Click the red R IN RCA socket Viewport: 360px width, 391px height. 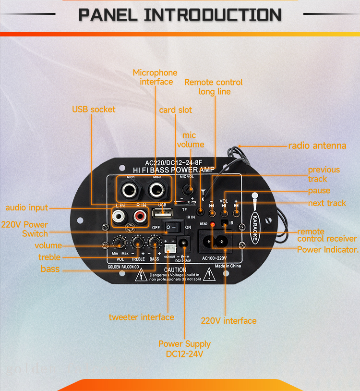coord(140,217)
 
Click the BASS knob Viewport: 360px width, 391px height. coord(154,242)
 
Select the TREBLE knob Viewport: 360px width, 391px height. coord(138,242)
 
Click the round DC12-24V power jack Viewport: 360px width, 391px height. coord(182,243)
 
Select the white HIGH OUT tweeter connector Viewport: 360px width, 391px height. coord(169,248)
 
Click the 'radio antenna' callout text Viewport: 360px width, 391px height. coord(317,146)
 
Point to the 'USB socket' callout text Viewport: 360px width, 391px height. coord(94,110)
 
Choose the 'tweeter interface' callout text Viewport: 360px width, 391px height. coord(141,317)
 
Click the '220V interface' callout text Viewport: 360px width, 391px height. coord(228,321)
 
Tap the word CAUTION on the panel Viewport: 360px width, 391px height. coord(175,270)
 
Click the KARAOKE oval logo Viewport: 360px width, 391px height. coord(254,222)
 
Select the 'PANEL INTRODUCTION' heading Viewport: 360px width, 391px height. coord(180,14)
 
